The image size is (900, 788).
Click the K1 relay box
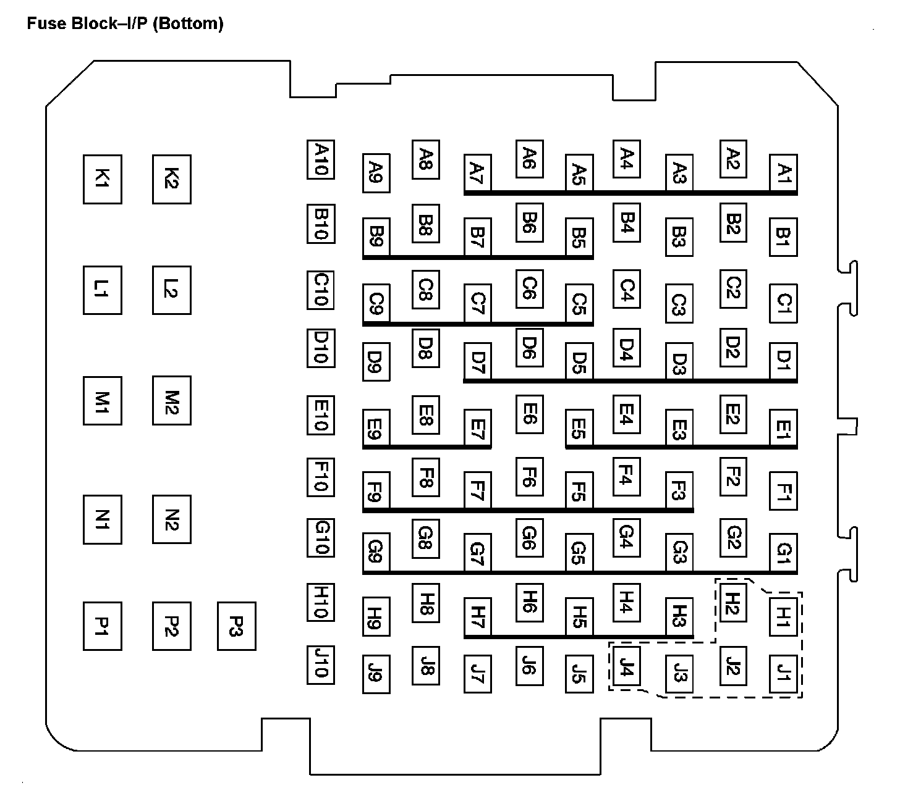[x=103, y=180]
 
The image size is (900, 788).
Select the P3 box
[x=236, y=626]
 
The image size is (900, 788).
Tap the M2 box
[x=172, y=401]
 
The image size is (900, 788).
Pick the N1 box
[x=103, y=519]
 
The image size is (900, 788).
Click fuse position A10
[x=321, y=160]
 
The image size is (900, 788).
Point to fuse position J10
[x=321, y=665]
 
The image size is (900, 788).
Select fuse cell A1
[x=783, y=173]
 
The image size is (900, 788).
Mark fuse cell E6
[x=529, y=413]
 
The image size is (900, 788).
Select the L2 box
[x=172, y=290]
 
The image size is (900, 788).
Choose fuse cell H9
[x=376, y=616]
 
